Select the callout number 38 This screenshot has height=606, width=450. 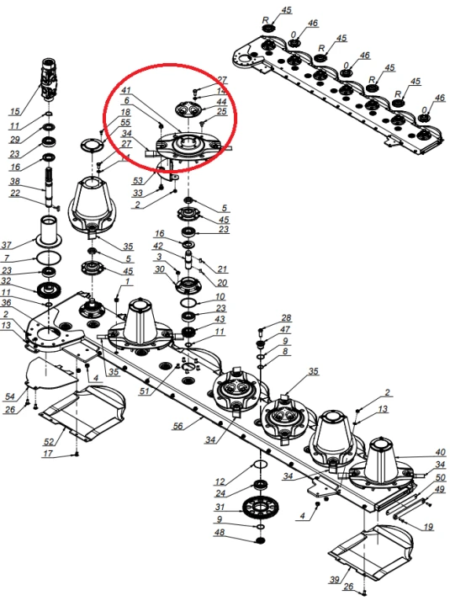tap(14, 181)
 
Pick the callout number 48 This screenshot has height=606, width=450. tap(219, 533)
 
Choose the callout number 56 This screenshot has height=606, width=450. tap(178, 428)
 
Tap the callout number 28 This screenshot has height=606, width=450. tap(286, 318)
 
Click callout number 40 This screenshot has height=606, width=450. tap(440, 452)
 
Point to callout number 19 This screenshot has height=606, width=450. tap(428, 528)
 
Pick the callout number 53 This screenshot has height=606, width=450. tap(138, 180)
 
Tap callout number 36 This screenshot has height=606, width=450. tap(7, 303)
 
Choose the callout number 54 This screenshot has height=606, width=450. tap(10, 396)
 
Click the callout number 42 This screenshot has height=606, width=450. tap(170, 245)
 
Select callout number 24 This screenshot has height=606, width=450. tap(220, 493)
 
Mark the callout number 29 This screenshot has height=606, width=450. tap(14, 140)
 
